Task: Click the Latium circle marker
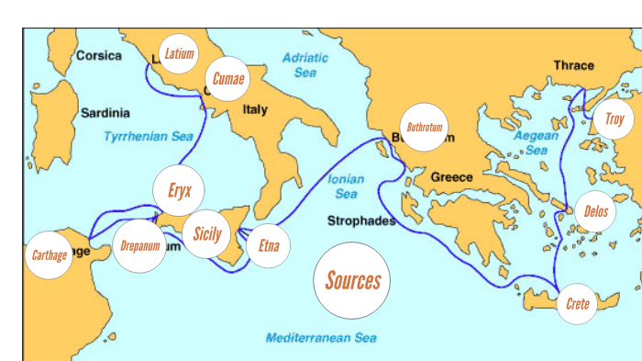pos(178,53)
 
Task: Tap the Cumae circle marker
pos(227,79)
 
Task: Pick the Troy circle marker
pos(613,118)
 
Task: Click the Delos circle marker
pos(595,211)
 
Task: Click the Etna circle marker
pos(269,245)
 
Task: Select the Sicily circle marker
pos(207,233)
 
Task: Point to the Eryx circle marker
pos(179,191)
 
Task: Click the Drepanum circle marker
pos(140,246)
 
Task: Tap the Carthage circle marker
pos(50,254)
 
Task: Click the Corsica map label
pos(98,56)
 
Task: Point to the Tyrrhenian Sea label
pos(149,136)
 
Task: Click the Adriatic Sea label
pos(305,64)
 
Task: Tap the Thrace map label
pos(573,65)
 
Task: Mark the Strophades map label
pos(361,221)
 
